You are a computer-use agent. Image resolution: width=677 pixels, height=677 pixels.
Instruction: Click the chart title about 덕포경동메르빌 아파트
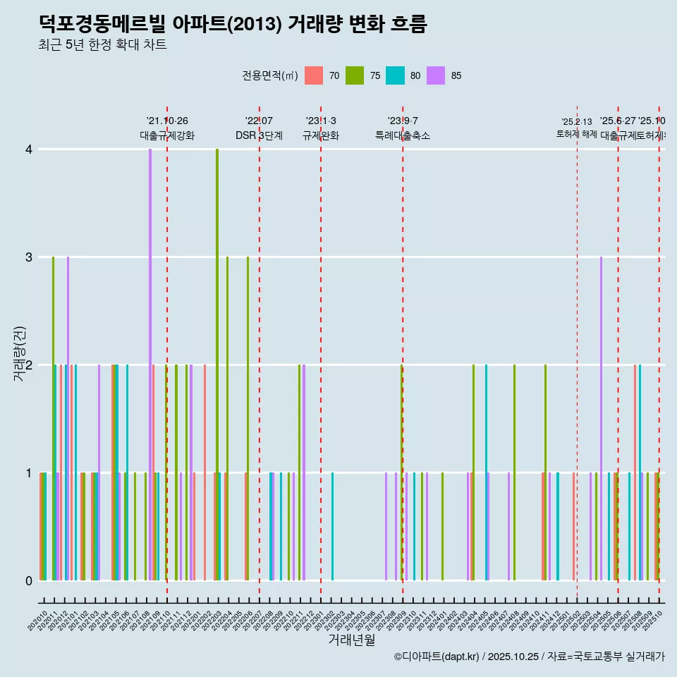tap(233, 24)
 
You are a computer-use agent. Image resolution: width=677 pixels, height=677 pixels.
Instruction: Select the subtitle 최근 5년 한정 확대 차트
tap(102, 45)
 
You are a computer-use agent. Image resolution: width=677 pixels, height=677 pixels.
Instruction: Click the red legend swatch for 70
tap(314, 75)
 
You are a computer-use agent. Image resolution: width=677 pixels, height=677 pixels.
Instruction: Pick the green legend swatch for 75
tap(355, 75)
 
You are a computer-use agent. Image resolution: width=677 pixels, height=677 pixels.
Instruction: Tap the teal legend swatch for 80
tap(396, 75)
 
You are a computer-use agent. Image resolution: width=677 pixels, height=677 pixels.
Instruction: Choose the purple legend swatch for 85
tap(437, 75)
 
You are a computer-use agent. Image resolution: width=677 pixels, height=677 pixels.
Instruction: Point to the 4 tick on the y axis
tap(29, 150)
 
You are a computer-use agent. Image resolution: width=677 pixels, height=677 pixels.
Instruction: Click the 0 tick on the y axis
tap(29, 580)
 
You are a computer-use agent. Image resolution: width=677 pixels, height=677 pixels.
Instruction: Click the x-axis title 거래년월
tap(351, 640)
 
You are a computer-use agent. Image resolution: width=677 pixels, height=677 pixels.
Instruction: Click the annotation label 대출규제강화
tap(167, 135)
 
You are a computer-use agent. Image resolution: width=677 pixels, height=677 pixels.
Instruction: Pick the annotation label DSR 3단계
tap(259, 135)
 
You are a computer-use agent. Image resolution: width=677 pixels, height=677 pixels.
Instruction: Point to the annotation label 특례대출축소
tap(402, 135)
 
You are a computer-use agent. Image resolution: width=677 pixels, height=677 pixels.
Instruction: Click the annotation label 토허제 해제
tap(577, 134)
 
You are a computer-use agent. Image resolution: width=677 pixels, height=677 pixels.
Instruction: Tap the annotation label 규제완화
tap(321, 135)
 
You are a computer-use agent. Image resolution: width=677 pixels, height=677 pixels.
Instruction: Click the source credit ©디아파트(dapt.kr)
tap(437, 657)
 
